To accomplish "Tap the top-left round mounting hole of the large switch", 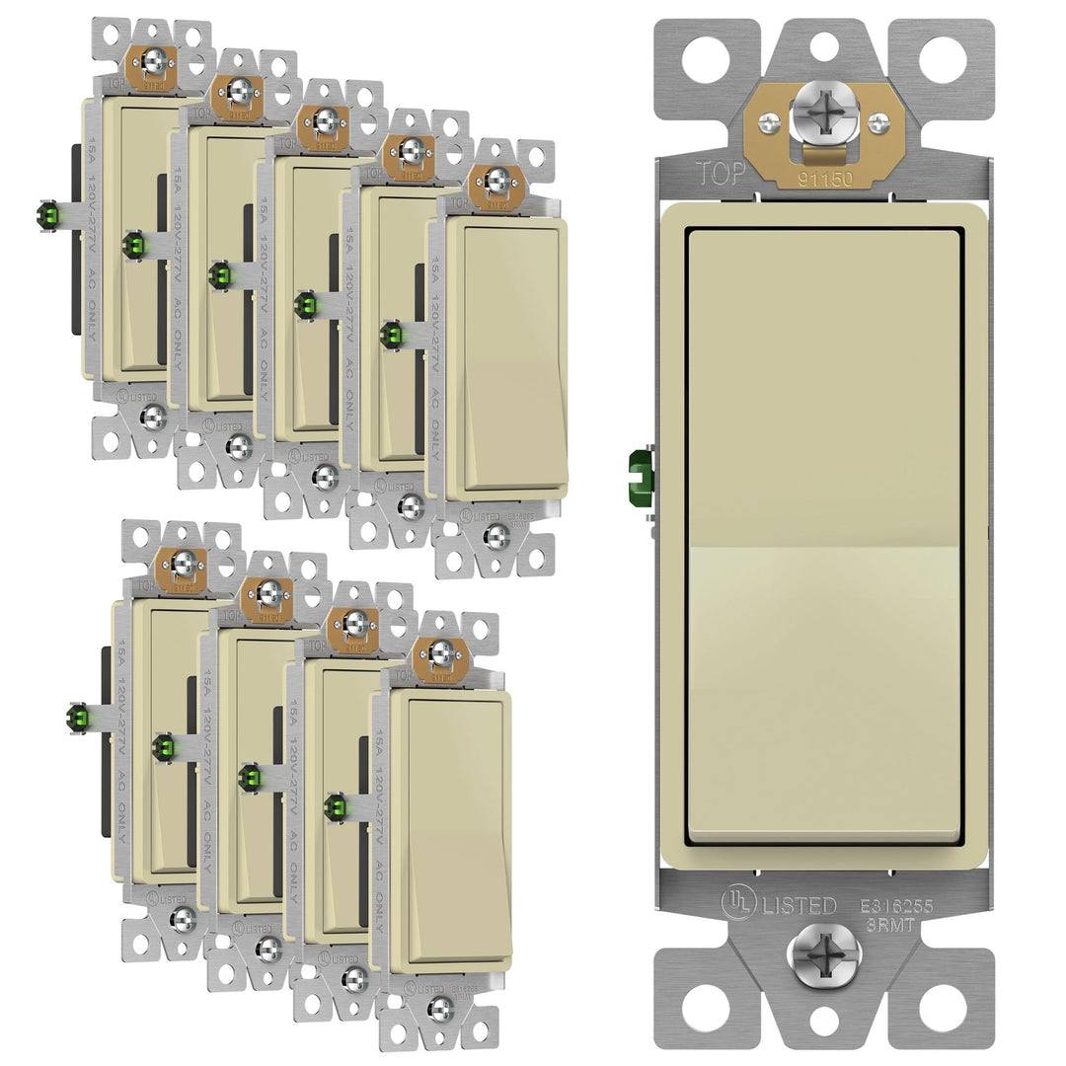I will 704,59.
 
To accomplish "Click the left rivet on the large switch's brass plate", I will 770,121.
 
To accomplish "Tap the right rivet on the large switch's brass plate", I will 876,121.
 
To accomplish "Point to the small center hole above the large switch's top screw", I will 823,42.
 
